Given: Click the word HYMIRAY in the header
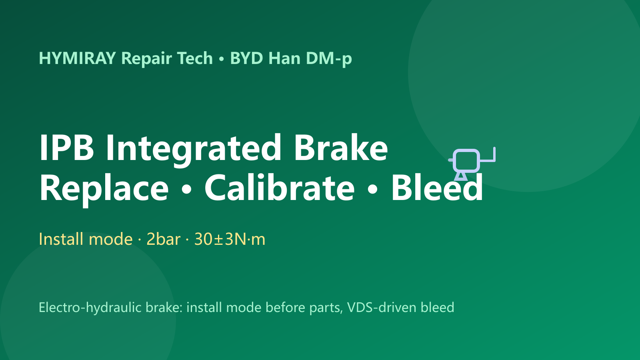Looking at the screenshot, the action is [77, 58].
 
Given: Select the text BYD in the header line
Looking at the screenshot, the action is [246, 58].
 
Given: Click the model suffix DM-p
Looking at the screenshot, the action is [328, 59].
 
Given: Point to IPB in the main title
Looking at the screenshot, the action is [66, 148].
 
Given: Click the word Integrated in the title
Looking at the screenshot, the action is [194, 150].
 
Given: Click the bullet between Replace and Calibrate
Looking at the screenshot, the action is [186, 190].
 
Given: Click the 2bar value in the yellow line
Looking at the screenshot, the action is [164, 239].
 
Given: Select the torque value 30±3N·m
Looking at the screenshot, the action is [230, 239].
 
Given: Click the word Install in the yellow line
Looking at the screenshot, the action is [61, 239].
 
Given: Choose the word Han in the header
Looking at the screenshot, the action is [284, 58].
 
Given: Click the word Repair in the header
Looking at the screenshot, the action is [146, 59].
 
